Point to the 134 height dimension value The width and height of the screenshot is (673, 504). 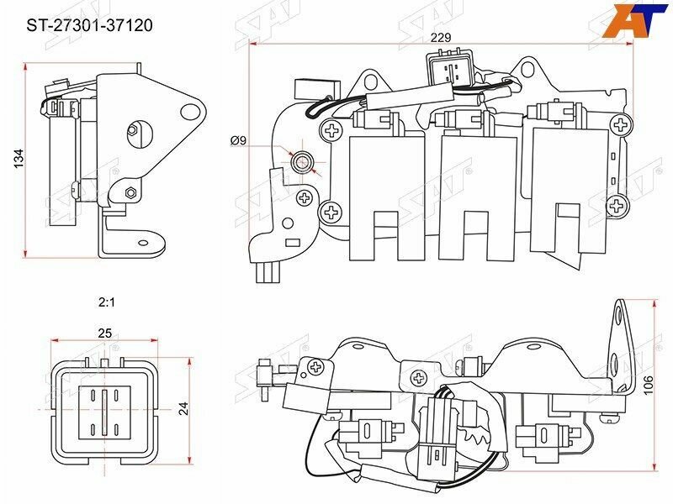point(18,159)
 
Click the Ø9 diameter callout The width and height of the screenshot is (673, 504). point(238,140)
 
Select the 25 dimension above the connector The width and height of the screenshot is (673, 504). point(105,333)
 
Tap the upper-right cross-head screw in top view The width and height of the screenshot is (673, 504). point(621,125)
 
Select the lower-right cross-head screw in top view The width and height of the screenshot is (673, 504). point(618,204)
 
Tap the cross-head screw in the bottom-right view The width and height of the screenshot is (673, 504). point(316,367)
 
